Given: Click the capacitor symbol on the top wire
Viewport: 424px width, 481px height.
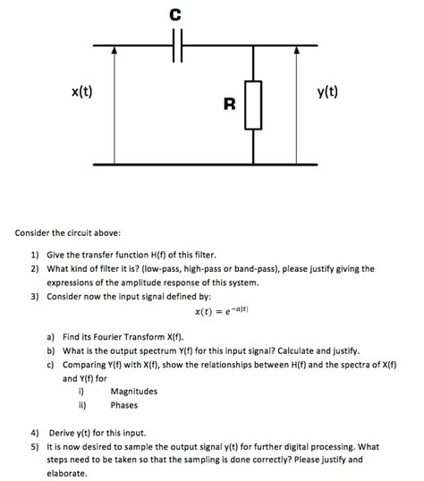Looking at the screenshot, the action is (x=174, y=46).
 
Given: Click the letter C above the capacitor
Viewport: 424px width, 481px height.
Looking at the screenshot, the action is (x=174, y=13).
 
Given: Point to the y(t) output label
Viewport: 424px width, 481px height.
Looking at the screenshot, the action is (x=328, y=92).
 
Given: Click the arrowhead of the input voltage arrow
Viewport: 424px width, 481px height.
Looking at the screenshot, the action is (x=114, y=52).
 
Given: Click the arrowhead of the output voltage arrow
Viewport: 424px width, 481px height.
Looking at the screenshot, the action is (x=296, y=52).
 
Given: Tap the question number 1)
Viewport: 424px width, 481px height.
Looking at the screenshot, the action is (x=34, y=254).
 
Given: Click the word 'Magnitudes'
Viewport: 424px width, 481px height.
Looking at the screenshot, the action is (x=133, y=391).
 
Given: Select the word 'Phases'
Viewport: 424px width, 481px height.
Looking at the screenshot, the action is (x=126, y=404).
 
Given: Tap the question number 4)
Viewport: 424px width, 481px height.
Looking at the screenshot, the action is (x=34, y=432).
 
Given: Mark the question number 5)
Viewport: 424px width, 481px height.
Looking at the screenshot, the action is (x=34, y=445).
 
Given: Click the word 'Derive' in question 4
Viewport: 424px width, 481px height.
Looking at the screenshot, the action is (x=62, y=432).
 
